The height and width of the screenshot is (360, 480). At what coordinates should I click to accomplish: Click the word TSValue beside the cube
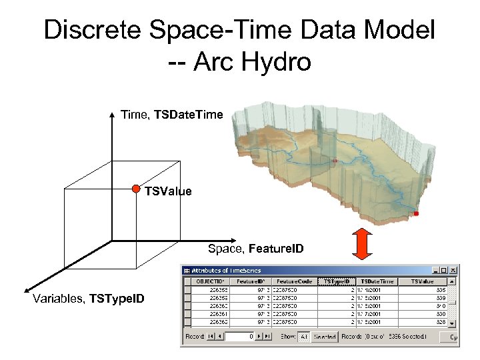pos(168,191)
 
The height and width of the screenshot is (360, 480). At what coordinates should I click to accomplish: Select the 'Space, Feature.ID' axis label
pos(255,249)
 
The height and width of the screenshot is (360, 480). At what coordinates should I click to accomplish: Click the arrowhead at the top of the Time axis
pos(112,115)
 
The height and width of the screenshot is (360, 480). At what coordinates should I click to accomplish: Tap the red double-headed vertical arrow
pos(361,243)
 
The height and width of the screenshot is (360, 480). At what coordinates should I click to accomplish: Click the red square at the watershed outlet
pos(416,213)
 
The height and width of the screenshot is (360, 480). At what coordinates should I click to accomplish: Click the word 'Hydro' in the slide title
pos(275,62)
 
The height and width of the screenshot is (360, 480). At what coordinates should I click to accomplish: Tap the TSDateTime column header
pos(377,281)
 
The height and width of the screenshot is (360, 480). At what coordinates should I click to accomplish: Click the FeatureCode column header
pos(293,281)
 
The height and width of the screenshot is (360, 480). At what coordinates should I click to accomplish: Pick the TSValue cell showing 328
pos(441,321)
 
